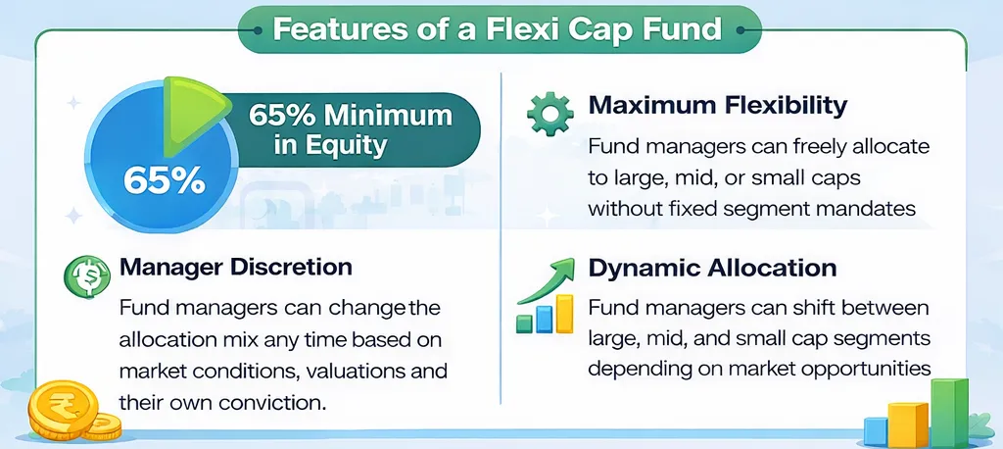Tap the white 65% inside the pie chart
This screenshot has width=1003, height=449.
(165, 179)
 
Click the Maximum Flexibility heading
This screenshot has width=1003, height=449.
(718, 104)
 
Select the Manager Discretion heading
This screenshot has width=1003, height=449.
(235, 267)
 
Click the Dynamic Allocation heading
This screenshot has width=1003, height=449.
(712, 269)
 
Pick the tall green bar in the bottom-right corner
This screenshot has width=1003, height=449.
(948, 412)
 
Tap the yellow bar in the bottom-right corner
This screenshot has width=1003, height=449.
(908, 423)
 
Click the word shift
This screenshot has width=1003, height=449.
(804, 309)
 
